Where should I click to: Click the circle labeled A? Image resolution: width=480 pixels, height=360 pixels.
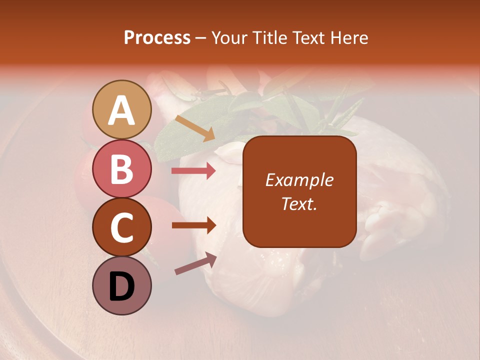pos(121,109)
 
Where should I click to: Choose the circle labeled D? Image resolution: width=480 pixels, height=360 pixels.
pos(121,285)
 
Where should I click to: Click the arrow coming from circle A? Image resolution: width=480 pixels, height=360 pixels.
pos(195,128)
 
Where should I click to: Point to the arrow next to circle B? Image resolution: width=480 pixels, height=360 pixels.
pos(193,171)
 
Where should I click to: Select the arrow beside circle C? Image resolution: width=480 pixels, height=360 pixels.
pos(193,225)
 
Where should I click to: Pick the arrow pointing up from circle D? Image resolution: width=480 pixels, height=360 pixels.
pos(195,263)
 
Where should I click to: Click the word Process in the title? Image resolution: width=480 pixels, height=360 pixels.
pos(157,38)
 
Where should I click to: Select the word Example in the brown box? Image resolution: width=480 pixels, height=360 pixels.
pos(299,180)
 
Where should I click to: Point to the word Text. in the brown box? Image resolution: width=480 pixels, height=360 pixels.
pos(299,203)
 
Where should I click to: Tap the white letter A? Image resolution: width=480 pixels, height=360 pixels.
pos(121,110)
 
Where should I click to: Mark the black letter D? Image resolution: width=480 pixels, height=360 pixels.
pos(121,286)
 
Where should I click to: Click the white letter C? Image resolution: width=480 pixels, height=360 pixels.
pos(121,227)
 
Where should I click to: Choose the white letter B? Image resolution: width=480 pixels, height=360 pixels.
pos(121,168)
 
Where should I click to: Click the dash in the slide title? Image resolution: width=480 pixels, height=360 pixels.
pos(201,38)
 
